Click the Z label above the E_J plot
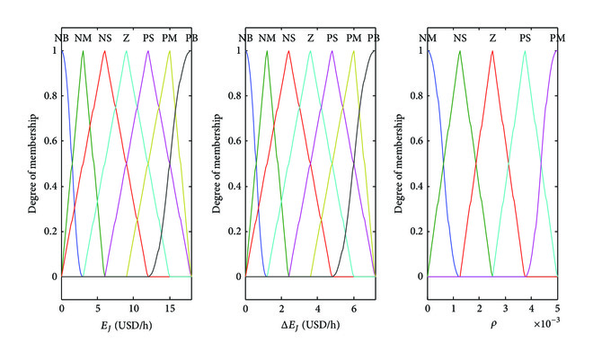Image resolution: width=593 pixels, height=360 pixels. tap(127, 39)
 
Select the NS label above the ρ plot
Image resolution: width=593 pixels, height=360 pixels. tap(460, 39)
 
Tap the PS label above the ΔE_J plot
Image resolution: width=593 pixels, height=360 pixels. tap(332, 39)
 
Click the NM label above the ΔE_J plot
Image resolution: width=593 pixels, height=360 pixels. tap(266, 39)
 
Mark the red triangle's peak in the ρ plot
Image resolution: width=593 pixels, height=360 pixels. tap(492, 50)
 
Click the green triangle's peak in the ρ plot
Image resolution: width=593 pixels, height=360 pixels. tap(460, 50)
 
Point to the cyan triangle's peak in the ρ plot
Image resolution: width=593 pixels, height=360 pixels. tap(525, 50)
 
